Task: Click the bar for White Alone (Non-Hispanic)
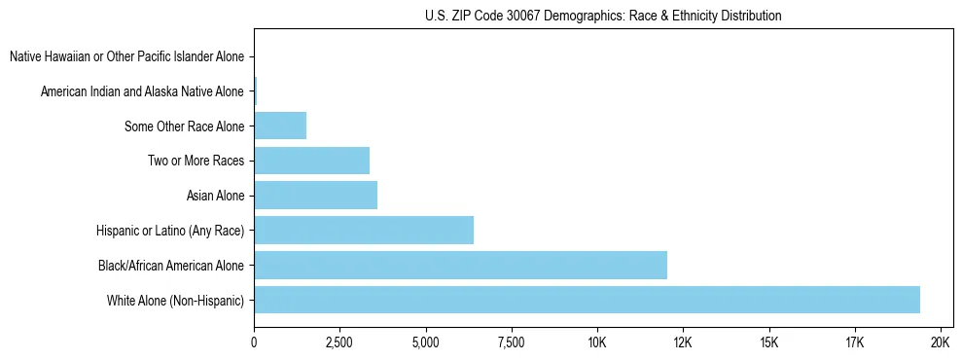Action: coord(587,300)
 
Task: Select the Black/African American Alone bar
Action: coord(460,265)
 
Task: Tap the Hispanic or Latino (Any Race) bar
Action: coord(364,231)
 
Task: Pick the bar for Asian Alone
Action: coord(315,196)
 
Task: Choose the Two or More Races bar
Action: coord(311,161)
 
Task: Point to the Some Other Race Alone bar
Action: coord(280,126)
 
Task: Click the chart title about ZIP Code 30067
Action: coord(603,16)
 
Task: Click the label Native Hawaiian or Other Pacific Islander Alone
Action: coord(126,56)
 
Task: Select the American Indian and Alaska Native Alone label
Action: coord(142,91)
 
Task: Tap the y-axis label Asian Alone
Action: coord(215,196)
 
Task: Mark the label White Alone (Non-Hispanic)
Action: coord(176,300)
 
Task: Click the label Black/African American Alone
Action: coord(171,265)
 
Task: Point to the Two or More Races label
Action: coord(196,161)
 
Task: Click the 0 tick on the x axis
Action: coord(254,342)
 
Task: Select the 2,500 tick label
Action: coord(339,342)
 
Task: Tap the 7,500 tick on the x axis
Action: coord(511,342)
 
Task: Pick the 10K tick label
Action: coord(597,342)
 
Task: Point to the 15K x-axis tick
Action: coord(768,342)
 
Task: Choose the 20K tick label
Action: coord(941,342)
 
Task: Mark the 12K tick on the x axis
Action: coord(683,342)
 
